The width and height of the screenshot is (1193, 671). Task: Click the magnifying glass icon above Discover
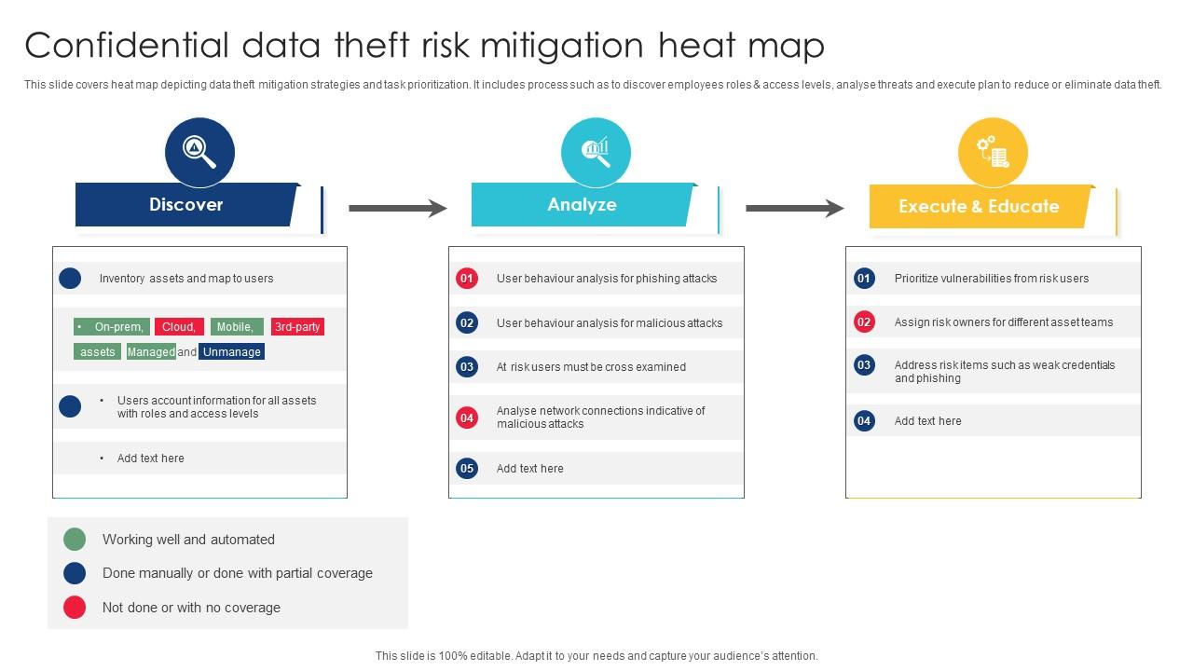click(199, 151)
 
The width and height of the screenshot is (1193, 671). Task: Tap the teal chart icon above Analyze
click(596, 151)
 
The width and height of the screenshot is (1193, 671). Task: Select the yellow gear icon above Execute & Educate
click(993, 152)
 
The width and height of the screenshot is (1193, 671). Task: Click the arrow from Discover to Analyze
click(398, 208)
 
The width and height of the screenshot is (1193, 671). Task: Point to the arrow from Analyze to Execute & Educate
click(794, 208)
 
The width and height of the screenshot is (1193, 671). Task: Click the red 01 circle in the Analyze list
click(467, 278)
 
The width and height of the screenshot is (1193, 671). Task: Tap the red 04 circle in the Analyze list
click(467, 418)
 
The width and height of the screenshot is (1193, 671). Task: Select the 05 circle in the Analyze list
click(467, 468)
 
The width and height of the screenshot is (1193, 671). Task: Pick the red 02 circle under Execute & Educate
click(864, 322)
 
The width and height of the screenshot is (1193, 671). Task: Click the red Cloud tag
click(179, 327)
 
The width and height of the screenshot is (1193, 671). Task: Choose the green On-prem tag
click(111, 327)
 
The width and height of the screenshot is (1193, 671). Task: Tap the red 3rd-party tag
click(297, 327)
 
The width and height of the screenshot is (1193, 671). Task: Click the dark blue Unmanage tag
click(231, 351)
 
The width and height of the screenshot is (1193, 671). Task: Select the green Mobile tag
click(236, 327)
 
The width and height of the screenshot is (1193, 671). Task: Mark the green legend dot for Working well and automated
click(75, 539)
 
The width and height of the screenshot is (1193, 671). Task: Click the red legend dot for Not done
click(75, 608)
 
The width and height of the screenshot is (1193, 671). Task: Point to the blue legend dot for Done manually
click(75, 573)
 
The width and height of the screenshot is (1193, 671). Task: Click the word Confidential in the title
click(126, 45)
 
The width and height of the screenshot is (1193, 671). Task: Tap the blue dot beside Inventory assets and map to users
click(70, 278)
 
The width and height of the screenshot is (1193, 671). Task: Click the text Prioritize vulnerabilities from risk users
click(991, 278)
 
